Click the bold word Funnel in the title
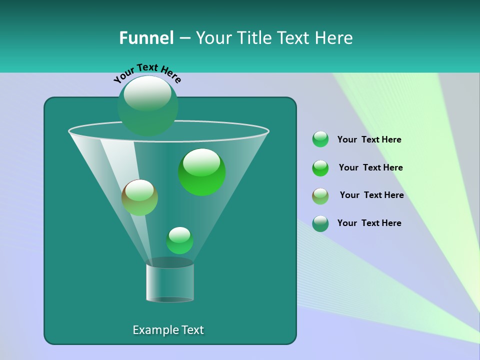point(146,38)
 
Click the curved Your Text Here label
point(147,72)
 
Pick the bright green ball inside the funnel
point(201,172)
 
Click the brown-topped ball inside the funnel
point(139,197)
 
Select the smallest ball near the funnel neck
point(179,240)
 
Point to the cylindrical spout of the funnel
point(169,282)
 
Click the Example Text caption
point(168,330)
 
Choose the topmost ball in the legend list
point(320,139)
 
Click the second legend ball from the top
point(320,168)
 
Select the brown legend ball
point(320,196)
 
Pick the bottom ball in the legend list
point(320,223)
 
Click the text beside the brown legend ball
point(371,195)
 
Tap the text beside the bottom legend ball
point(369,223)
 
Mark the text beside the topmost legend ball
point(369,139)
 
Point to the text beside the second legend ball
point(370,167)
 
